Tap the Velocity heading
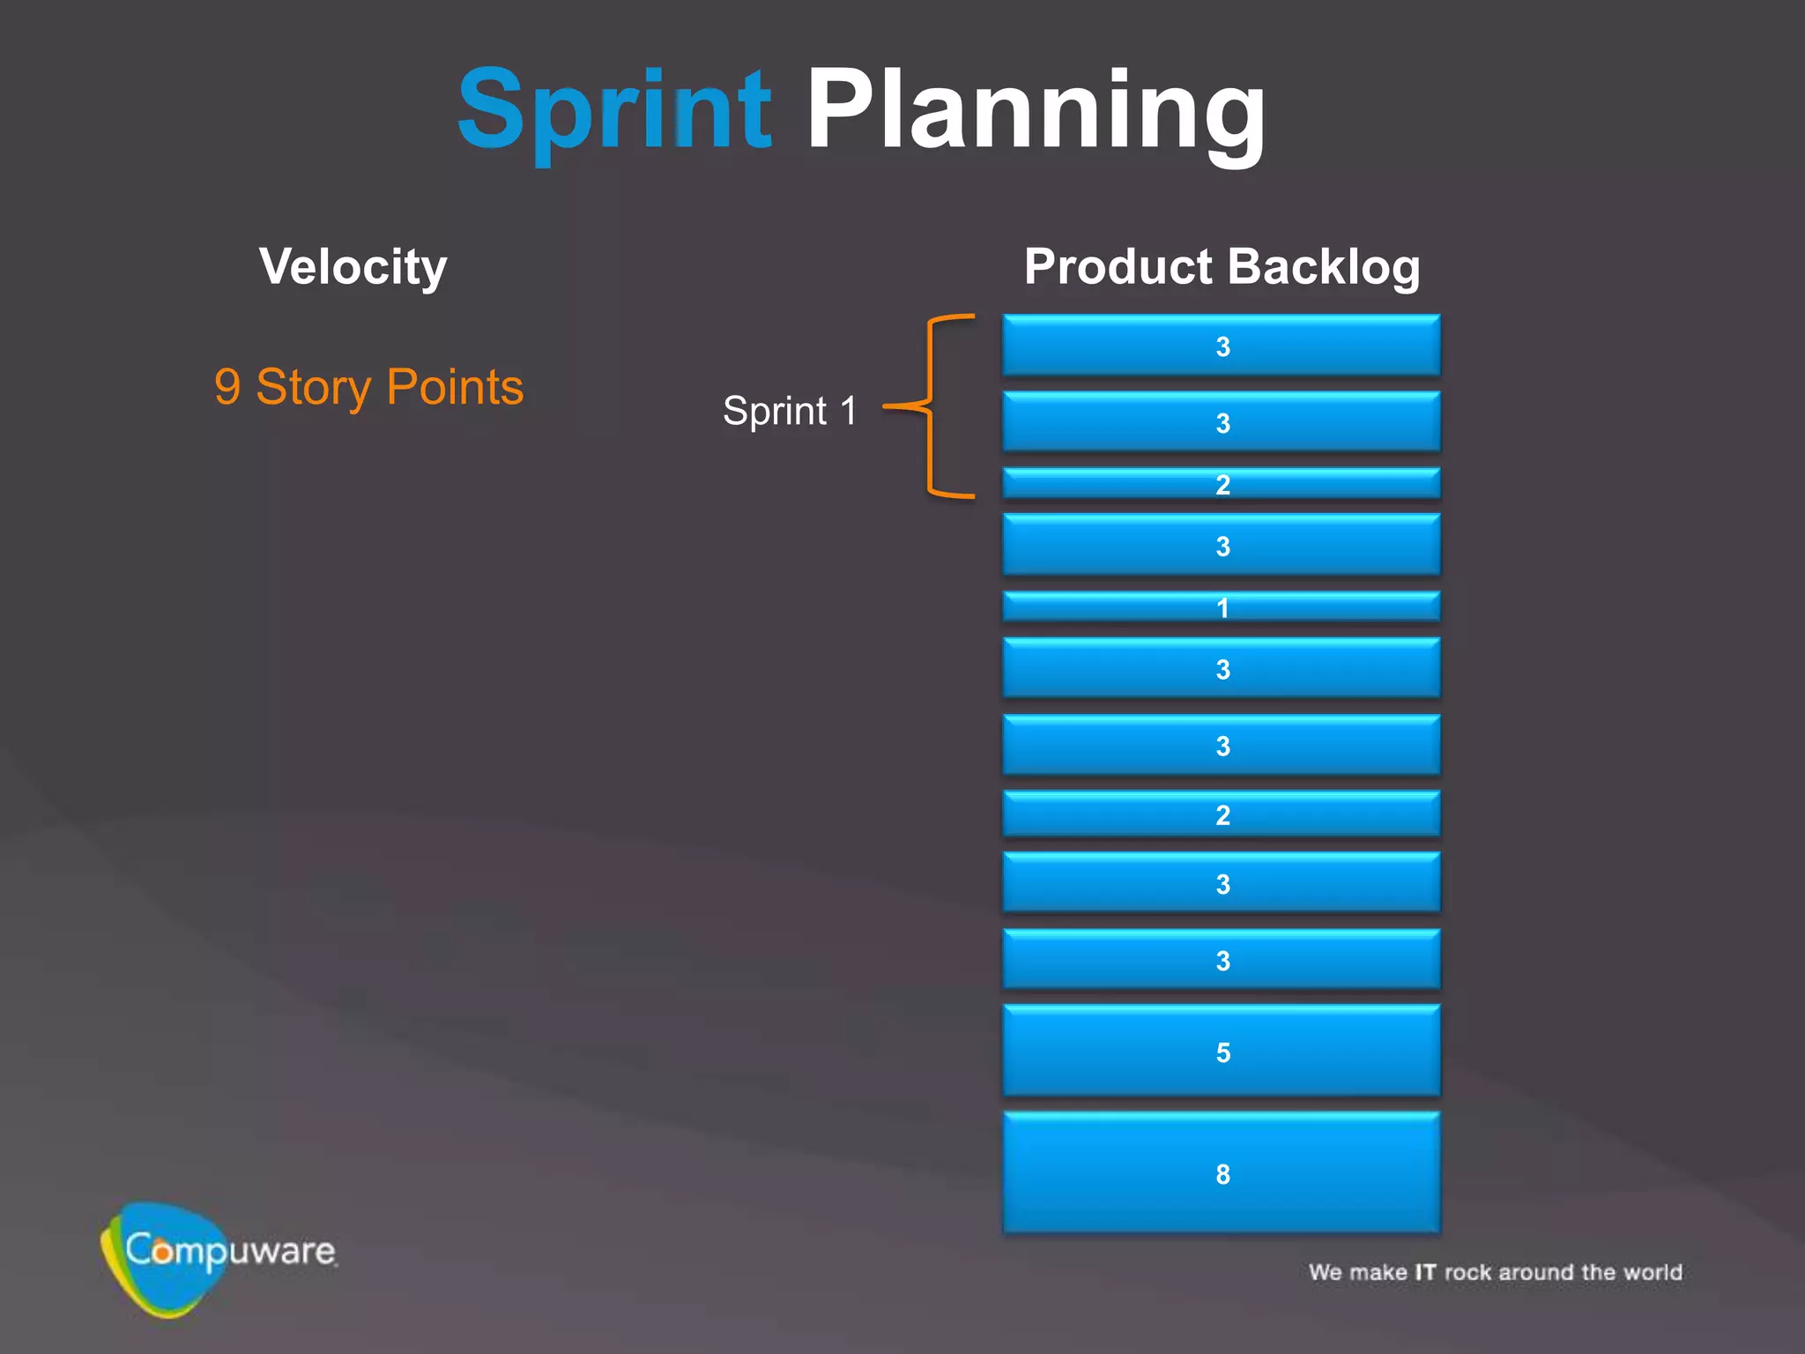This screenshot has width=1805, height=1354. click(x=353, y=266)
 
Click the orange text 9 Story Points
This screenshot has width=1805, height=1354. click(x=368, y=387)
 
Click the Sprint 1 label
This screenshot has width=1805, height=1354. click(x=790, y=411)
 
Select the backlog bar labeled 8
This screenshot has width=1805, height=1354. click(x=1222, y=1173)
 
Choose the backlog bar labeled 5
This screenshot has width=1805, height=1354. click(x=1222, y=1052)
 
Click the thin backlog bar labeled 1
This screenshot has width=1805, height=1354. click(x=1222, y=606)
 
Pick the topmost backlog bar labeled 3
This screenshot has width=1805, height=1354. click(x=1222, y=346)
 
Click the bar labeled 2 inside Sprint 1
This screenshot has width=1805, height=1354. click(x=1222, y=484)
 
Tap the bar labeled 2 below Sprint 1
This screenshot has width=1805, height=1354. click(x=1222, y=815)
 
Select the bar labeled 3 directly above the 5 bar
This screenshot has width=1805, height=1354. click(x=1222, y=960)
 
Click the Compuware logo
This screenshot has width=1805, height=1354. click(x=216, y=1256)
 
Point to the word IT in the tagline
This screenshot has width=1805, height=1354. click(x=1425, y=1272)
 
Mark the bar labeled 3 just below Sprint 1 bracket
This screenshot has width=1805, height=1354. click(x=1222, y=546)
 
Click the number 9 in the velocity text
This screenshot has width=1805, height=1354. click(x=227, y=387)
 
